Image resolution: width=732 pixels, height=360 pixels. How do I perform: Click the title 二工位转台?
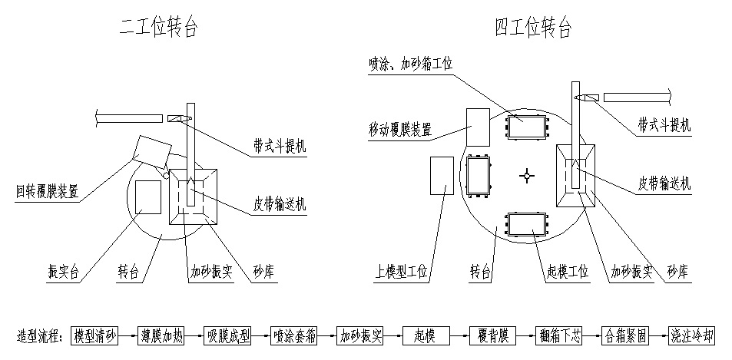(x=159, y=29)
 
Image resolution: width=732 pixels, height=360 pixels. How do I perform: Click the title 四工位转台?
(x=533, y=29)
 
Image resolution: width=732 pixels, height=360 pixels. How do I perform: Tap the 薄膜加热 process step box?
(x=161, y=336)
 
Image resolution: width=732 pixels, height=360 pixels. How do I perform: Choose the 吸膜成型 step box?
(x=227, y=336)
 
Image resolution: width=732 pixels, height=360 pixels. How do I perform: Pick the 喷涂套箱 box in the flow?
(x=293, y=336)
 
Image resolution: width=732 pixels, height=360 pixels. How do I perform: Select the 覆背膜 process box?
(x=492, y=336)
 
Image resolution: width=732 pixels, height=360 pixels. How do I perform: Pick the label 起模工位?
(x=566, y=271)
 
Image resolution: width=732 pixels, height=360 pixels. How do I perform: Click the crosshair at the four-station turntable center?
(x=527, y=176)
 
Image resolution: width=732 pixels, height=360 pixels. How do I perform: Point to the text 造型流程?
(x=41, y=336)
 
